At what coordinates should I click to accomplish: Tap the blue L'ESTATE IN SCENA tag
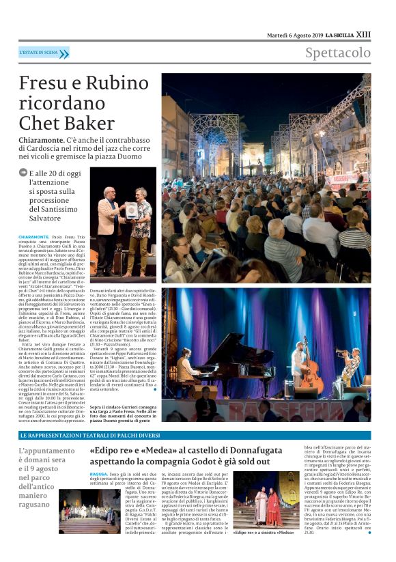click(x=44, y=53)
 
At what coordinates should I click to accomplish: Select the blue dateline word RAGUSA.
click(x=98, y=473)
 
